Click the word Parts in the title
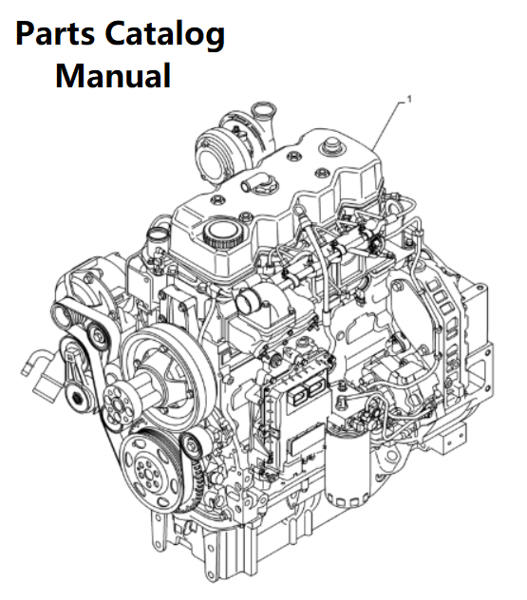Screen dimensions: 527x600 pyautogui.click(x=55, y=33)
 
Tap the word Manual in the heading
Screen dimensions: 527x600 pyautogui.click(x=113, y=76)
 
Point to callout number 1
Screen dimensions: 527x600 pyautogui.click(x=409, y=100)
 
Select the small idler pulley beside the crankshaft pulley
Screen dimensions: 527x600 pyautogui.click(x=192, y=445)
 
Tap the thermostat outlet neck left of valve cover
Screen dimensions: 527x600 pyautogui.click(x=158, y=234)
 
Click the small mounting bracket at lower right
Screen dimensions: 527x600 pyautogui.click(x=454, y=439)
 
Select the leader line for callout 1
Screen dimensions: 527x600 pyautogui.click(x=388, y=126)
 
